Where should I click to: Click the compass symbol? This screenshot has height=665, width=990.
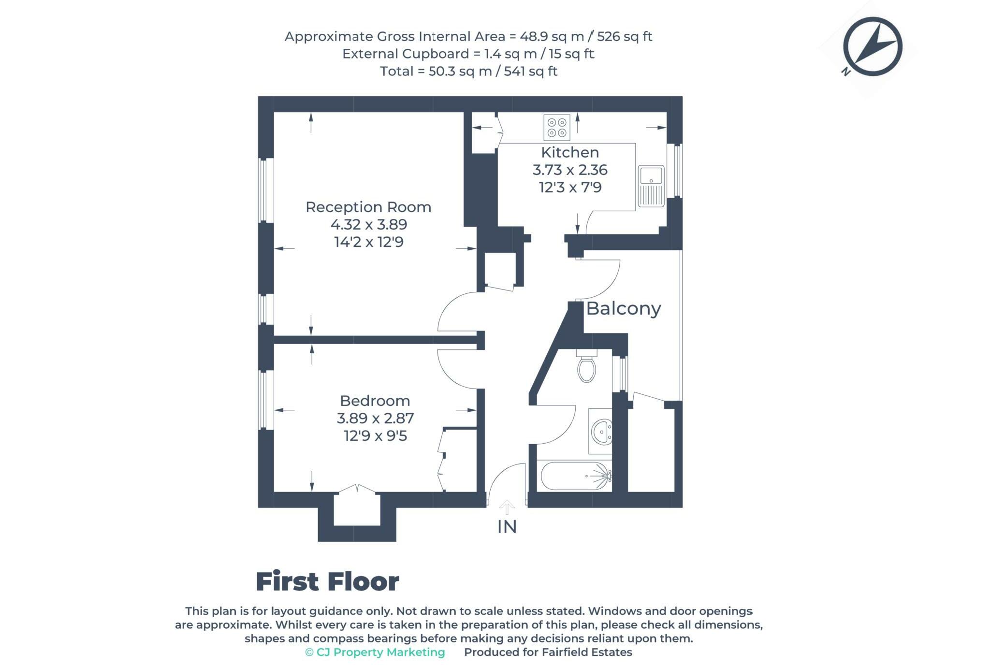873,47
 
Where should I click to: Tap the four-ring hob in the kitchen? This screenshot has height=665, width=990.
556,127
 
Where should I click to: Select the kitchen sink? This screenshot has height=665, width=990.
651,186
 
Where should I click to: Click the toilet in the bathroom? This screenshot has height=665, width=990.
586,367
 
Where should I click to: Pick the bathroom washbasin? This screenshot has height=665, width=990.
600,431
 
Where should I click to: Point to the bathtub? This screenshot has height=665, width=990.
574,476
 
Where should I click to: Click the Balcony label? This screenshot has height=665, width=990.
623,308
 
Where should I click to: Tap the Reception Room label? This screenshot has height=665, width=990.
368,207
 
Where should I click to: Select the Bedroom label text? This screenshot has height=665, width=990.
375,401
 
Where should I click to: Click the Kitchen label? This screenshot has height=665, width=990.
570,152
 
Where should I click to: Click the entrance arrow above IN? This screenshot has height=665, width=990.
507,507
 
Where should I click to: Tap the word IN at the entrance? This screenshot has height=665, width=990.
507,527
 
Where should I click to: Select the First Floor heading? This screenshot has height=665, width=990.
327,581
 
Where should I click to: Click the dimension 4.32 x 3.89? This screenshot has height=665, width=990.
368,225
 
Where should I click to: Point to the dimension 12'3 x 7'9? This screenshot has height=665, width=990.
570,187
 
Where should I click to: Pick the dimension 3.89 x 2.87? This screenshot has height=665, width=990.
375,418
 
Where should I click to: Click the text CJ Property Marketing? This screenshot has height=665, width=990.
380,652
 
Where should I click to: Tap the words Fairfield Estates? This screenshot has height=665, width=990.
586,652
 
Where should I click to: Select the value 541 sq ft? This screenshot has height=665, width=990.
530,72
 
